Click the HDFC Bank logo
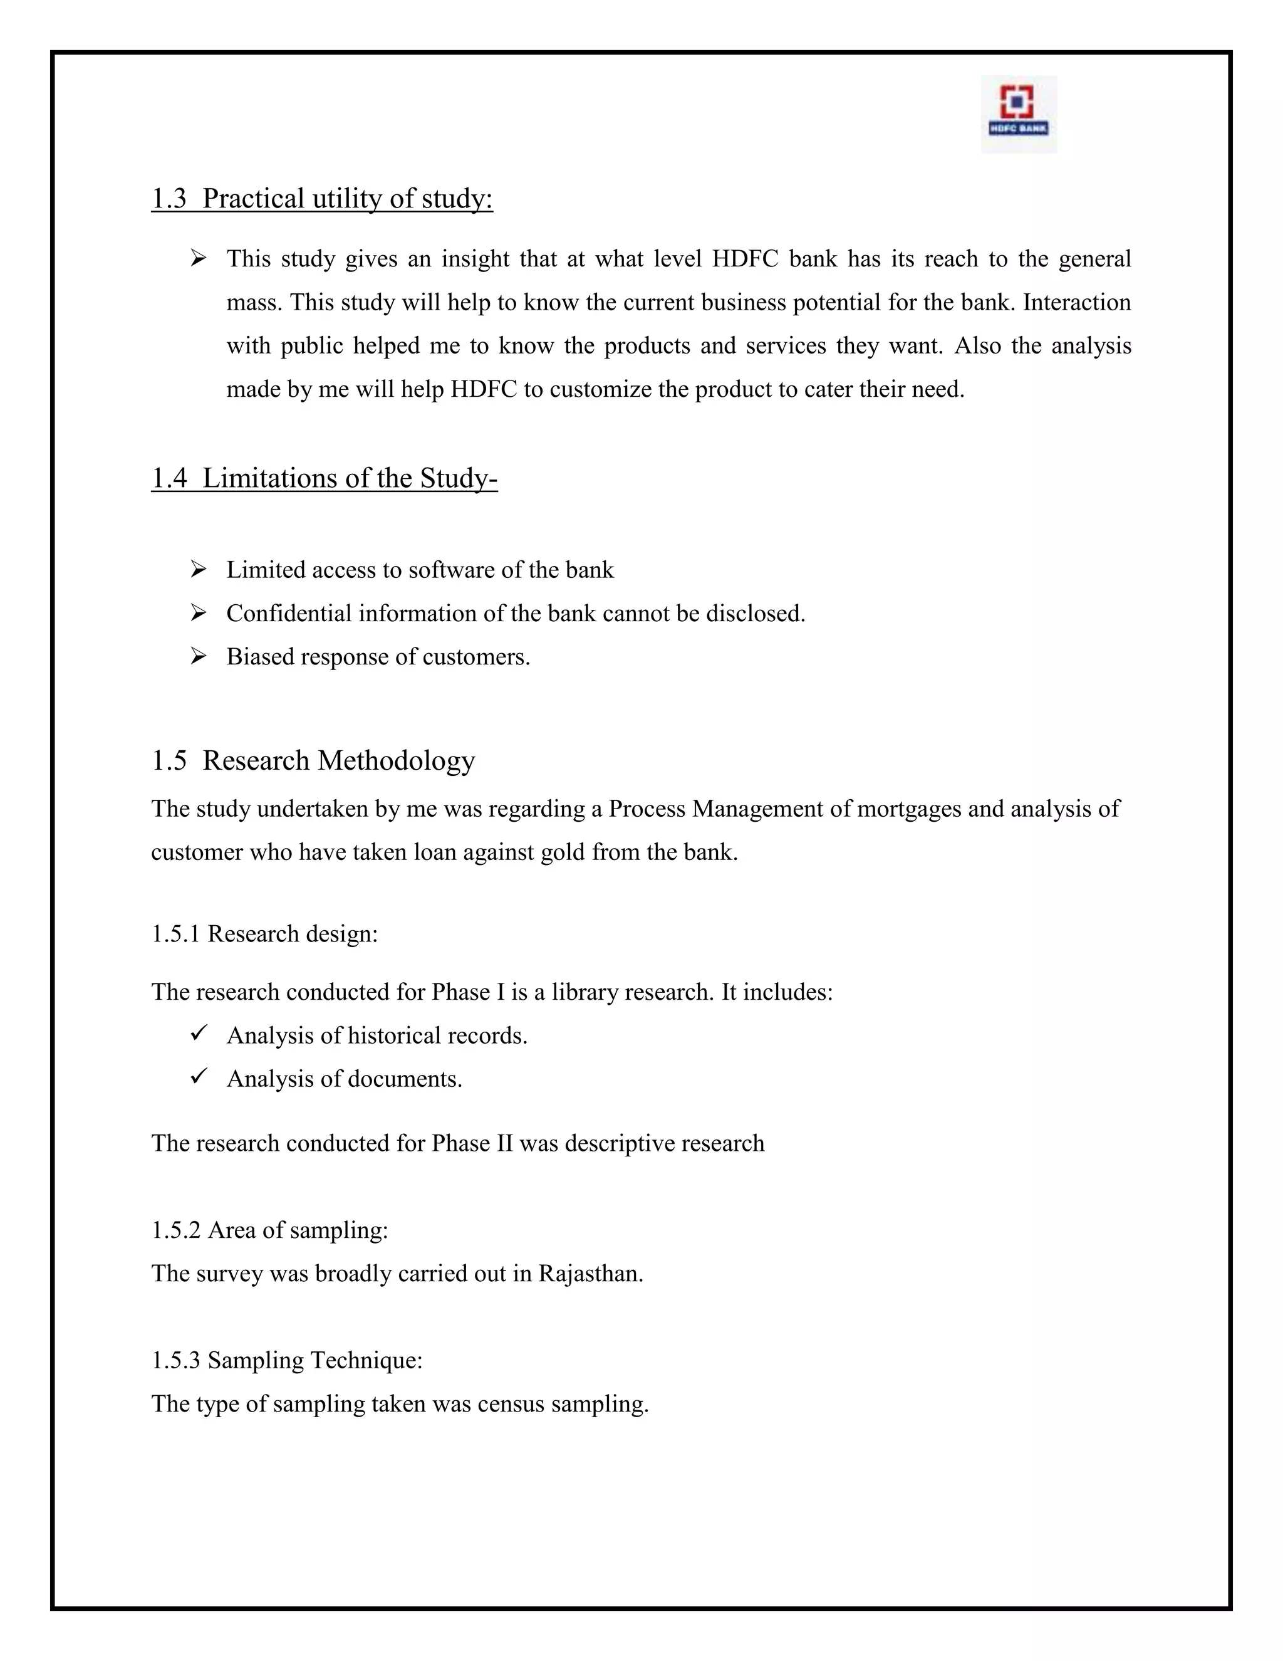point(1019,113)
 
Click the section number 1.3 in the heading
point(169,199)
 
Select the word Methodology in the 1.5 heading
point(396,760)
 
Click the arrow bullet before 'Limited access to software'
point(199,569)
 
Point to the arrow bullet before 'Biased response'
point(199,656)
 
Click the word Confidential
point(289,613)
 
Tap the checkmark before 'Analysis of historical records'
point(199,1033)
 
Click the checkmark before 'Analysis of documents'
point(199,1076)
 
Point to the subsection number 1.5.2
point(175,1230)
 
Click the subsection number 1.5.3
point(175,1361)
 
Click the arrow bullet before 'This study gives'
point(199,259)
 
